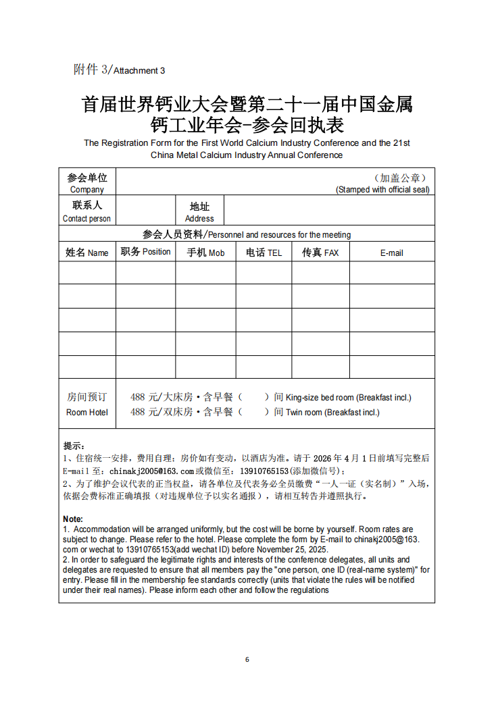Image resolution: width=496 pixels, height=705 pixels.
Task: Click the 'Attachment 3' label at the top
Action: [139, 70]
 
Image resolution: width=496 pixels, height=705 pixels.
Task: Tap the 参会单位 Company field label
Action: [87, 183]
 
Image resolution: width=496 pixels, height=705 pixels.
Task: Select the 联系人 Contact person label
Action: [87, 211]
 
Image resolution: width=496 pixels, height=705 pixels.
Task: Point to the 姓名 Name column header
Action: [87, 253]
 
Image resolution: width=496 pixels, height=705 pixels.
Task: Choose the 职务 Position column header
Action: [145, 252]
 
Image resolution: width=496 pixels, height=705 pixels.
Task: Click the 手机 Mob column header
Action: [205, 253]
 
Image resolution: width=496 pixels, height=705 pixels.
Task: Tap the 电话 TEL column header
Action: [264, 253]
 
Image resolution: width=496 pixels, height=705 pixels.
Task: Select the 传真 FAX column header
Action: [320, 253]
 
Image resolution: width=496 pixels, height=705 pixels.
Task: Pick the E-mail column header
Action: [391, 253]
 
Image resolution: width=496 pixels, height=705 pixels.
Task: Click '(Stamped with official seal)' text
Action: [382, 190]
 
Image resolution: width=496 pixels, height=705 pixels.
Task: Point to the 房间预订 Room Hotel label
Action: [87, 404]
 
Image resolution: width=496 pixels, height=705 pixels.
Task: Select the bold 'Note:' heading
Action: [73, 519]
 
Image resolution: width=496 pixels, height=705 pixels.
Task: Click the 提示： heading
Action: [74, 446]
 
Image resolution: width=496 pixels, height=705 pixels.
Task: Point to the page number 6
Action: [247, 659]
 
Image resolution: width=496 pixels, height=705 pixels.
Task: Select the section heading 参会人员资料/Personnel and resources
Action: [247, 234]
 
